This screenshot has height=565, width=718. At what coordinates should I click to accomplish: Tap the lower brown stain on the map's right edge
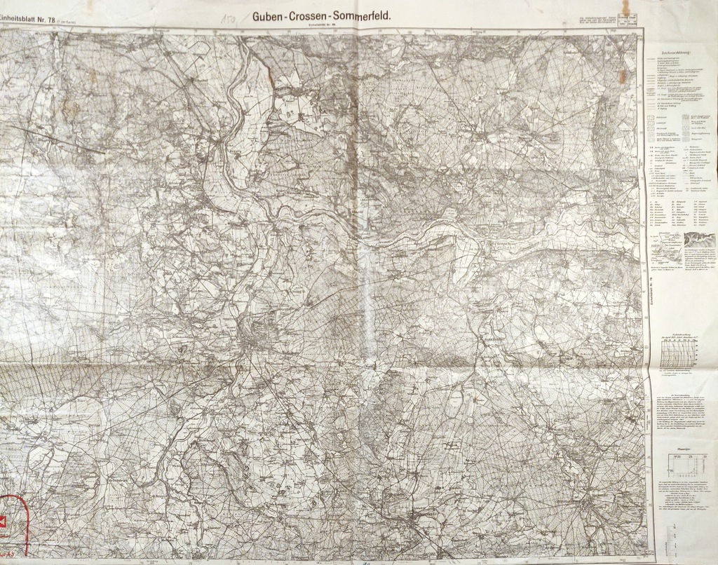coord(622,75)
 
